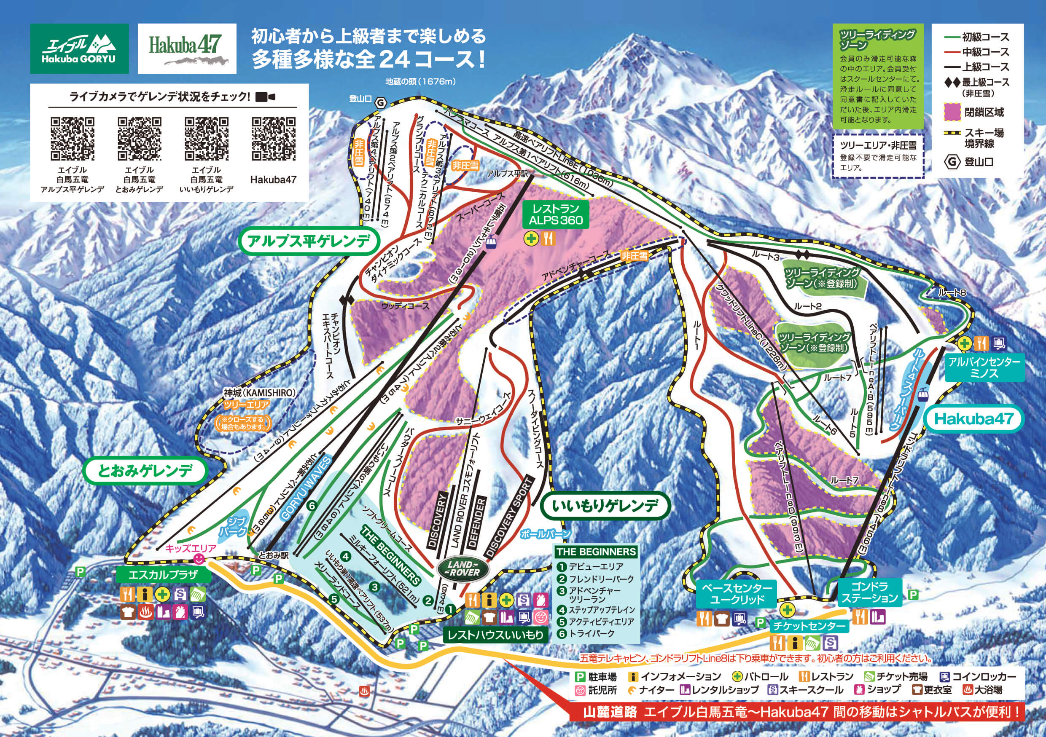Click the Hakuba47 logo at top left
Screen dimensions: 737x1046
click(187, 48)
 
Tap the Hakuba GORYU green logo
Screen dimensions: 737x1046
click(79, 48)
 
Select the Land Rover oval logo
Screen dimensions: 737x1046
click(463, 569)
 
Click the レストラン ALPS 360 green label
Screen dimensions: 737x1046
click(556, 214)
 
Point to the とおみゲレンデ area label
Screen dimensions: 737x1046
click(145, 471)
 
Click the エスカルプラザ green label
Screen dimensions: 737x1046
click(163, 574)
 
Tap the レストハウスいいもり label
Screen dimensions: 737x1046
click(495, 635)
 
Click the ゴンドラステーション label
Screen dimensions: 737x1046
click(869, 592)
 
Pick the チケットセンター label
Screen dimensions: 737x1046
click(808, 626)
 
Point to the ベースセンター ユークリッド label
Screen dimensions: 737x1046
click(737, 594)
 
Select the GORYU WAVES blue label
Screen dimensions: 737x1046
click(306, 489)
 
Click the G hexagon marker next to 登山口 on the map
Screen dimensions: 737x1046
click(380, 102)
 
